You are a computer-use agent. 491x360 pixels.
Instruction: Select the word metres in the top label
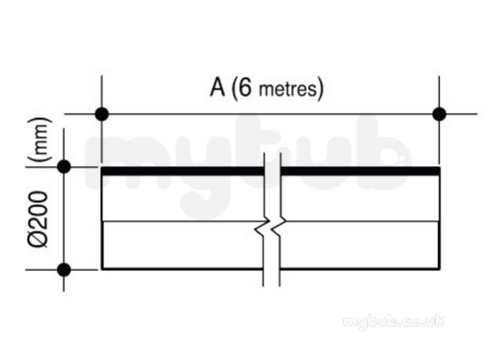[x=288, y=89]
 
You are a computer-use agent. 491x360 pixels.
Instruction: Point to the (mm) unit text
[x=39, y=139]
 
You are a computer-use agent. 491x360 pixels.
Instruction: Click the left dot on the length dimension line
[x=102, y=114]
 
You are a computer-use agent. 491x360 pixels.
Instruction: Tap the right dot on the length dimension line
[x=439, y=114]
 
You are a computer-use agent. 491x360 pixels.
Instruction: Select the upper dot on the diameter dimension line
[x=64, y=166]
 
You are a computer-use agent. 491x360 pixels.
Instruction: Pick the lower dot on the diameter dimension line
[x=64, y=270]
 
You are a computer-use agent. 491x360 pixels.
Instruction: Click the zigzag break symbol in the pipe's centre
[x=271, y=226]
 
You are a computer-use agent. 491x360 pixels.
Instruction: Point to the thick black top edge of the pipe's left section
[x=183, y=171]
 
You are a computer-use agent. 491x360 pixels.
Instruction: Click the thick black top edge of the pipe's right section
[x=360, y=171]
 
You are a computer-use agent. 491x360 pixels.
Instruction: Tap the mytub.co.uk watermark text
[x=393, y=322]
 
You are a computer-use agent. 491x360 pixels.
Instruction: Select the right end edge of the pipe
[x=439, y=218]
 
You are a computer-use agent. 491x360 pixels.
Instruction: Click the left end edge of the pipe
[x=102, y=218]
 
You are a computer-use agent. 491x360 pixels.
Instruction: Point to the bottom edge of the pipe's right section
[x=360, y=268]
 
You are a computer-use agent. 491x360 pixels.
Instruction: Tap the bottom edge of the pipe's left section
[x=182, y=268]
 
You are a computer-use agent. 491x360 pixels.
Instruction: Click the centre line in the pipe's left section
[x=185, y=221]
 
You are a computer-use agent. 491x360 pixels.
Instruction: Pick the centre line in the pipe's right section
[x=362, y=221]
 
